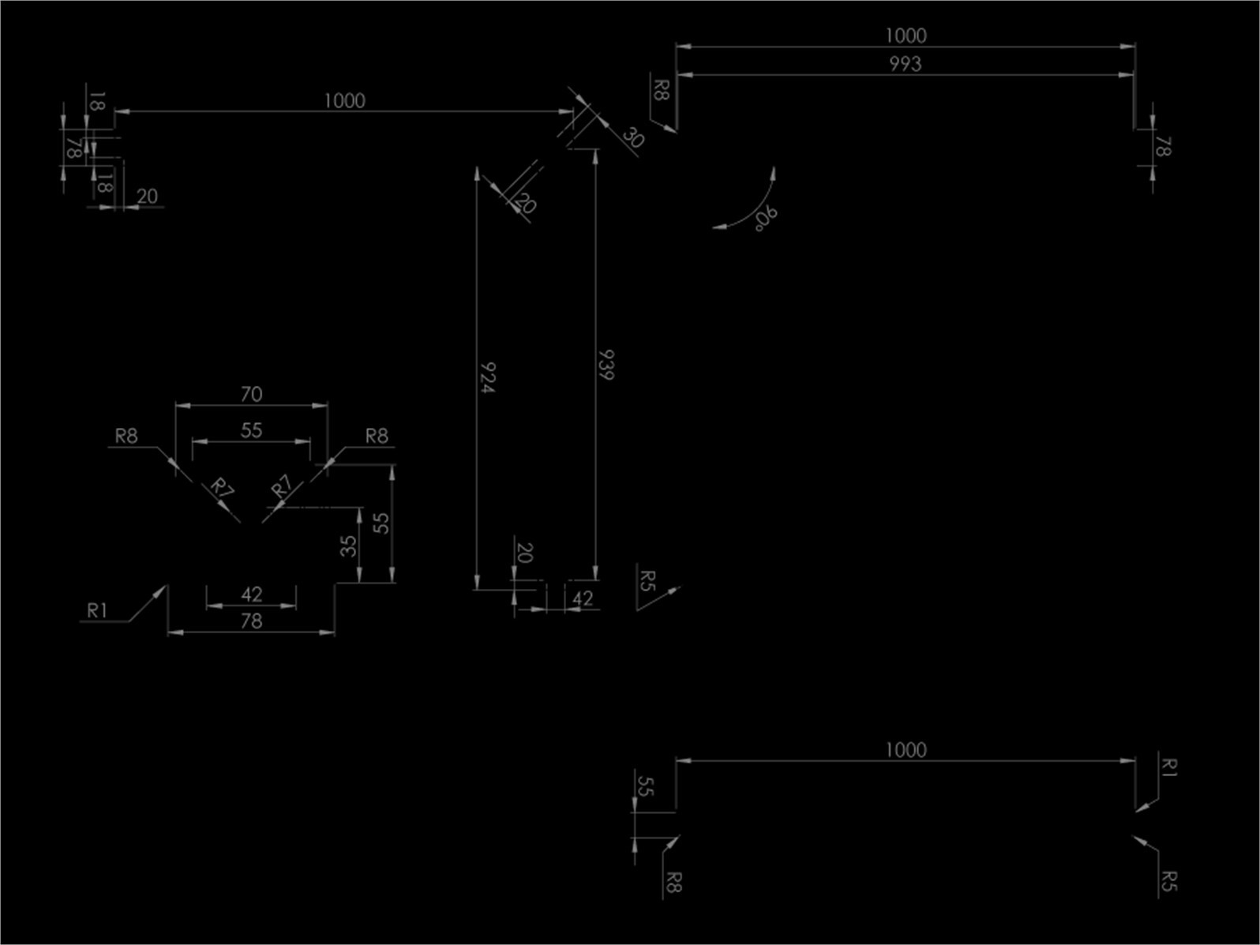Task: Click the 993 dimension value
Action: tap(906, 64)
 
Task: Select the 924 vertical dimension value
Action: tap(487, 377)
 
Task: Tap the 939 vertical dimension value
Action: tap(606, 365)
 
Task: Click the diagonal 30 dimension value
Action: tap(633, 138)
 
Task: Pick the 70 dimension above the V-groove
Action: tap(251, 394)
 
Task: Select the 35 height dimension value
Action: tap(348, 546)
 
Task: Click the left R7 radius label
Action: tap(222, 488)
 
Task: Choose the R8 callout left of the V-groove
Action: tap(126, 436)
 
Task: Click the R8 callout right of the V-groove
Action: tap(377, 436)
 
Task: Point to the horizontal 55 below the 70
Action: tap(251, 430)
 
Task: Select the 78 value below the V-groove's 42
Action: tap(251, 621)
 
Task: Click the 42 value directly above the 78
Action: tap(251, 594)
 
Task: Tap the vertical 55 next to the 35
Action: tap(381, 523)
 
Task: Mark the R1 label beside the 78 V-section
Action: tap(97, 610)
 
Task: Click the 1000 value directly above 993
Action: tap(906, 36)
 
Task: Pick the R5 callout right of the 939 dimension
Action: tap(647, 580)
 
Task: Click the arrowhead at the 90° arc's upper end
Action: tap(773, 174)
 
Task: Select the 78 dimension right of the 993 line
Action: tap(1163, 146)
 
